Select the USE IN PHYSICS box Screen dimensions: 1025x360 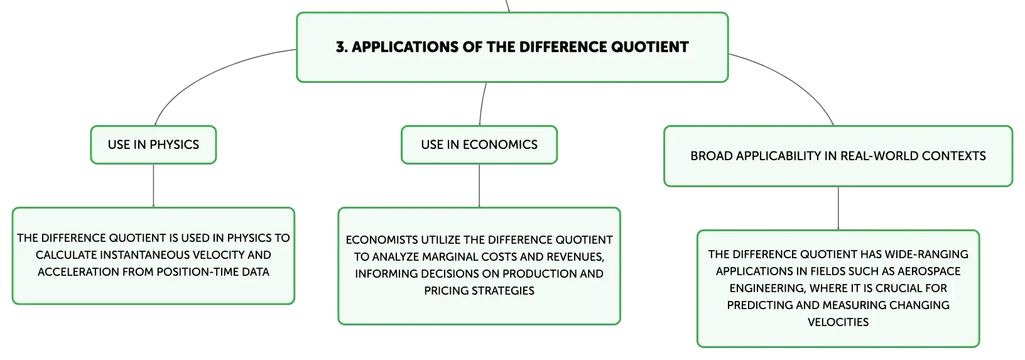click(153, 145)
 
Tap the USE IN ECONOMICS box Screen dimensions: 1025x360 click(479, 145)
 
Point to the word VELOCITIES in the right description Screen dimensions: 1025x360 click(838, 322)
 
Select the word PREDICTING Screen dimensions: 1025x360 click(757, 305)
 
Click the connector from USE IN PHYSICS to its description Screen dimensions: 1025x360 click(153, 185)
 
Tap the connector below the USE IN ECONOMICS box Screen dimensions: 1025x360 click(479, 185)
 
